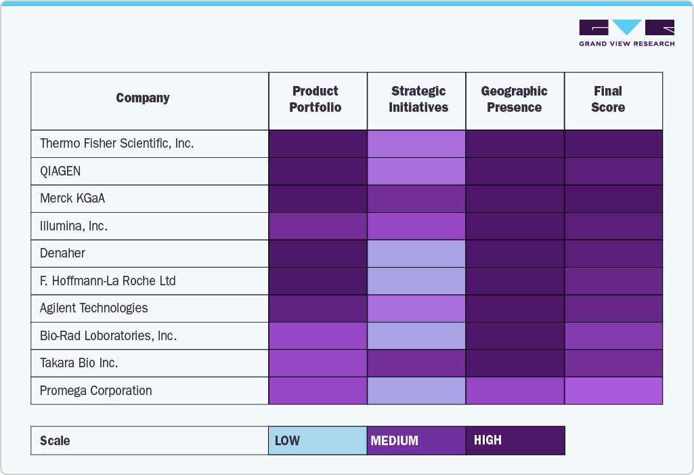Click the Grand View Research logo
[626, 33]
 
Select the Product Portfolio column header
[316, 100]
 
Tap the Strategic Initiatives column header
[418, 100]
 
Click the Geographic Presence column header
[514, 100]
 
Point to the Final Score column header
[607, 100]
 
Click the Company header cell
[143, 98]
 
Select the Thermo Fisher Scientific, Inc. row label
[116, 144]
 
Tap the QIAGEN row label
[60, 171]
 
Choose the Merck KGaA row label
[72, 199]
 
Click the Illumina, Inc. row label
[74, 226]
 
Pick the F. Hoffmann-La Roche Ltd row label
[108, 281]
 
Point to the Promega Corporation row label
[95, 390]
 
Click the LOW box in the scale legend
[318, 440]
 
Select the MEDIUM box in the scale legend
[416, 440]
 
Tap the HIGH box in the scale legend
[515, 440]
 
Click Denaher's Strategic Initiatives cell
[416, 253]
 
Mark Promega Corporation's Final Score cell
[613, 390]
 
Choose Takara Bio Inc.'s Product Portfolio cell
[318, 363]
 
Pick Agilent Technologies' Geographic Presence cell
[515, 308]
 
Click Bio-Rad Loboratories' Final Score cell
[613, 335]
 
